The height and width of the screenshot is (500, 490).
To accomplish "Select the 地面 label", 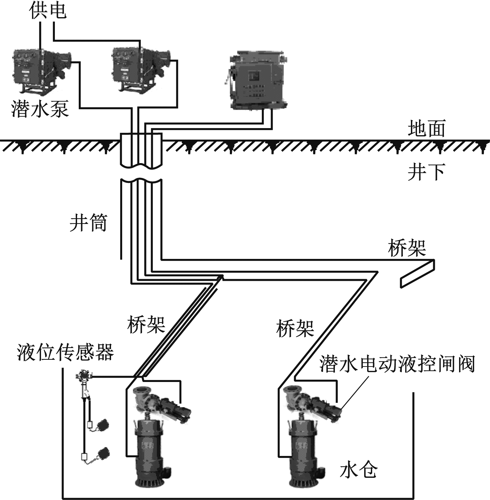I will click(x=426, y=128).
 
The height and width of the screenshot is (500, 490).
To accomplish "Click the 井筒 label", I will click(x=88, y=222).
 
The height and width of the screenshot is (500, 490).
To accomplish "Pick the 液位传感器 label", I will click(x=65, y=352).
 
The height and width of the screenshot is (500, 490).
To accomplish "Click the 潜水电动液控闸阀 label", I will click(x=397, y=364).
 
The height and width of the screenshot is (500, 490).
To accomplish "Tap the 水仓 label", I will click(x=358, y=470).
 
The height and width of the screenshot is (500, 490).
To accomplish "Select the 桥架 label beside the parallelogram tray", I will click(x=407, y=248).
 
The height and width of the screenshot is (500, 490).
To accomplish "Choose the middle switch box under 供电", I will click(x=140, y=69).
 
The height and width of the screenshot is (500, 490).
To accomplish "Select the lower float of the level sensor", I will click(x=102, y=454).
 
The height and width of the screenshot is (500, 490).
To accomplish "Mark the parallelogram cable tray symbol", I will click(x=417, y=273).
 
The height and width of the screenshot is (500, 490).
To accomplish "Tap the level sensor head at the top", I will click(x=83, y=375).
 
